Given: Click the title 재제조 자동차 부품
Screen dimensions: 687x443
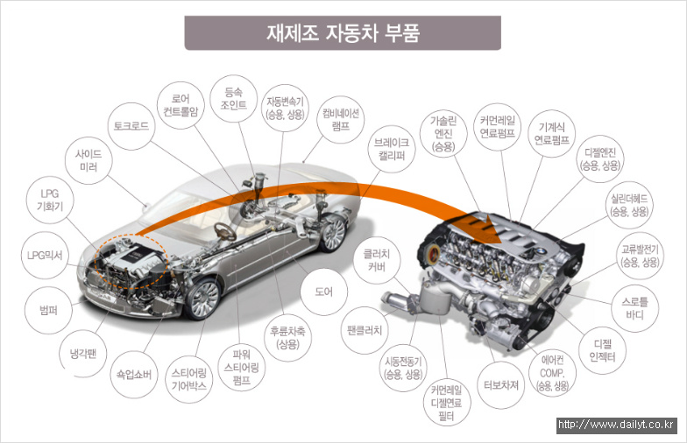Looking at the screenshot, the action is pos(343,33).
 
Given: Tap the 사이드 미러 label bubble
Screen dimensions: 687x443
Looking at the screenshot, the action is pos(89,161).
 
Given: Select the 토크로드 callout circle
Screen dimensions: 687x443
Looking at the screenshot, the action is pos(131,126).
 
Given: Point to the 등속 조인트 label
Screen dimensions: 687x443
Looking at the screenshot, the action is pos(233,98).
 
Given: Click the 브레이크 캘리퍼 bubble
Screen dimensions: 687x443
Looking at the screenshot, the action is pos(391,149).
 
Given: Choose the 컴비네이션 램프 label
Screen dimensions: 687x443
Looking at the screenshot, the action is pos(340,119).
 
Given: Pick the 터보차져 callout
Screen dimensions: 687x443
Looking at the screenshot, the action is pos(501,385).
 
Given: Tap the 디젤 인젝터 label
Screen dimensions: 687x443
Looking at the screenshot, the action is pos(603,350).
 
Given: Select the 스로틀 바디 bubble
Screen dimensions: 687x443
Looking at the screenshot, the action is pos(634,308).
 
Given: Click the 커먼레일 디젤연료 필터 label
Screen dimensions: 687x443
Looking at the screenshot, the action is pos(447,403).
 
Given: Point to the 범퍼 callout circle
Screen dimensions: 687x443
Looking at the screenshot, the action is pos(48,310).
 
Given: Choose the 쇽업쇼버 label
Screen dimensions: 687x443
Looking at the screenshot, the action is pos(134,375).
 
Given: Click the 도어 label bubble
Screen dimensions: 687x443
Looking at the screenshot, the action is pos(324,292).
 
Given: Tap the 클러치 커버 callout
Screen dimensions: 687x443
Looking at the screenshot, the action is pos(377,260).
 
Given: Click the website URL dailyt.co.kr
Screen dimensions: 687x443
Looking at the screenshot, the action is pos(617,425).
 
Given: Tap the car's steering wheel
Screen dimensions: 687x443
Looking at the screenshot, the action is pos(224,231).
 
